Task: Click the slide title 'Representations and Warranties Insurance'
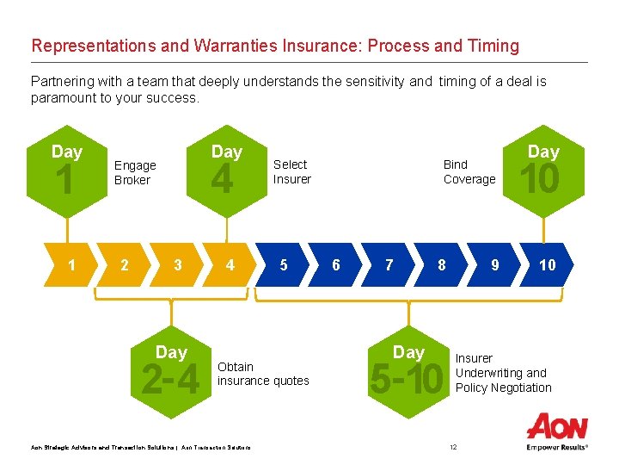pos(275,46)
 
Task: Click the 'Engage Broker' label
pos(135,173)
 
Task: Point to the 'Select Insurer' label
pos(291,171)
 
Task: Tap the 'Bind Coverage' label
pos(469,171)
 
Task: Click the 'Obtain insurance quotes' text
pos(262,374)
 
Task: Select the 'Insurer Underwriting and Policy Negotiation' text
pos(503,373)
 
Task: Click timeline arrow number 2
pos(125,265)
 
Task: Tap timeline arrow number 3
pos(178,265)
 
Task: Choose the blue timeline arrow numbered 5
pos(284,265)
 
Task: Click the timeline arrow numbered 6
pos(336,265)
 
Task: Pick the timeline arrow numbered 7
pos(389,265)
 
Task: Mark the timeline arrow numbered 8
pos(442,265)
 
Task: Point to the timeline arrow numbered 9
pos(495,265)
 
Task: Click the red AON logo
pos(557,427)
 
